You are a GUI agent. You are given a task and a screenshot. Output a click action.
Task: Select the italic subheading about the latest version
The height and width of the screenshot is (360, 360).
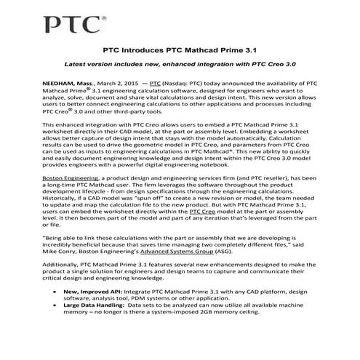[x=180, y=66]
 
